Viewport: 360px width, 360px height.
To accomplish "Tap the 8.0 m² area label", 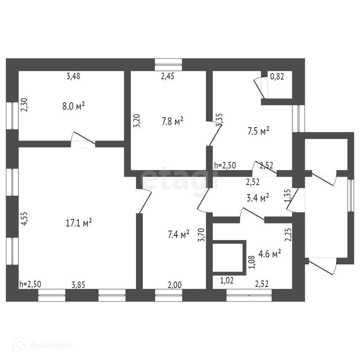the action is [x=74, y=106].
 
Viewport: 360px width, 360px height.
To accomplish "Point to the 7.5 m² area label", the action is [x=258, y=131].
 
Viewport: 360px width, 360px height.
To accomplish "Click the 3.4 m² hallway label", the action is [x=258, y=198].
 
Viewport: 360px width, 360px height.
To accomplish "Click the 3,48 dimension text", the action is [x=73, y=76].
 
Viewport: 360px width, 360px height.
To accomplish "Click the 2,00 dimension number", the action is [x=174, y=284].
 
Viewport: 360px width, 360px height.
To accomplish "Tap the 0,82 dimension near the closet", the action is [x=277, y=76].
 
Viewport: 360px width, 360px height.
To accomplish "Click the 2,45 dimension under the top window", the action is [x=168, y=76].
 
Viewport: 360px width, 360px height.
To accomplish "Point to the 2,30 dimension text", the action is [x=24, y=105].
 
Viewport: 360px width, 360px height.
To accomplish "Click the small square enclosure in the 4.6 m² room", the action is [x=229, y=257].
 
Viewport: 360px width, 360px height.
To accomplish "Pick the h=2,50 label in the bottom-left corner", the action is [x=30, y=284].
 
